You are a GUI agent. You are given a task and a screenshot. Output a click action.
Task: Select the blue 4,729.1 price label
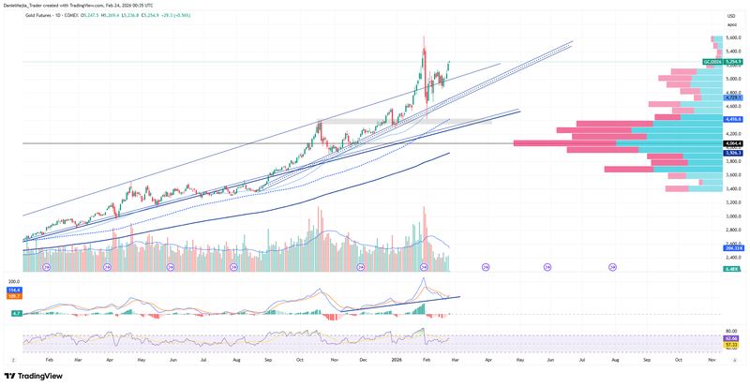(733, 97)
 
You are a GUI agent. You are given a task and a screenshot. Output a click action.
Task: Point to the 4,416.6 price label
(733, 119)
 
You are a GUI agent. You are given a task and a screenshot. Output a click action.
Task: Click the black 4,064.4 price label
(733, 143)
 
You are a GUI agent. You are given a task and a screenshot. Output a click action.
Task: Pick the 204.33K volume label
(733, 247)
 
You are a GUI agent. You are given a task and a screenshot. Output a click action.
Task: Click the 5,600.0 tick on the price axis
(732, 38)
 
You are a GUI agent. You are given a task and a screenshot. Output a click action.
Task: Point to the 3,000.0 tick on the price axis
(732, 216)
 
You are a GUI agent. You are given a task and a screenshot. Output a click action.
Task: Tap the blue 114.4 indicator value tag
(14, 290)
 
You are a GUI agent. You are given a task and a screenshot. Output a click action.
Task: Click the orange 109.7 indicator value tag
(14, 296)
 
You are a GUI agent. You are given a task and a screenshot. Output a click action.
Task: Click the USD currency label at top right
(731, 15)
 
